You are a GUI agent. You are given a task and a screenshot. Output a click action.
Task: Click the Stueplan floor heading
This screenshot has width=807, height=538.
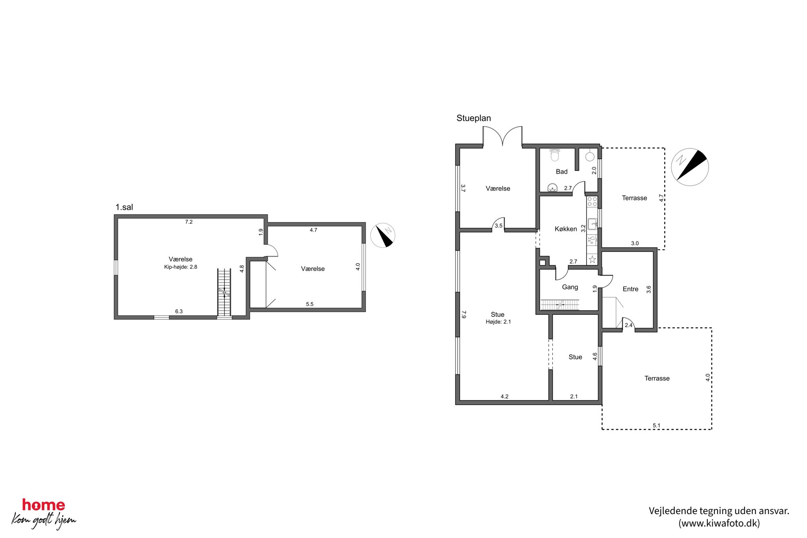473,118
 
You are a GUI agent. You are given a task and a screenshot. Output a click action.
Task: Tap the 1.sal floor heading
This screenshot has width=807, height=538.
124,207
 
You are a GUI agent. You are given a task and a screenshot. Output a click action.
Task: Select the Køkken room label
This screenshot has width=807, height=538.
566,229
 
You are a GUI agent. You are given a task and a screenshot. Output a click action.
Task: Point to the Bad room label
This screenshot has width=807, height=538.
562,172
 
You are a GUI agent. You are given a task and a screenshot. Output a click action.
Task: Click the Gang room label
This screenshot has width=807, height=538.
570,287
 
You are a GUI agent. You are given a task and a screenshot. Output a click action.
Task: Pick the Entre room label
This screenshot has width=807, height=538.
630,289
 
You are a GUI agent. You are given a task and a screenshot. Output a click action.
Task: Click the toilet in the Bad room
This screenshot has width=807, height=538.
555,154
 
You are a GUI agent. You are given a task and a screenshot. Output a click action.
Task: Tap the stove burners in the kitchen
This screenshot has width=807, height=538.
592,201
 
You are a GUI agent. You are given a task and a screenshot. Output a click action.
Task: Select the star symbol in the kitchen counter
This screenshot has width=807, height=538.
592,259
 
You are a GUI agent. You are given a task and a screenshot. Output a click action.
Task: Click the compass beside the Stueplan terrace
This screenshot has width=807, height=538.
690,167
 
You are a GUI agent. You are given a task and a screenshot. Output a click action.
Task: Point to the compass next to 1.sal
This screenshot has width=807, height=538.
383,235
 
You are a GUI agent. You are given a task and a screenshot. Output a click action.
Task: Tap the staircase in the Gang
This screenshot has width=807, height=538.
560,305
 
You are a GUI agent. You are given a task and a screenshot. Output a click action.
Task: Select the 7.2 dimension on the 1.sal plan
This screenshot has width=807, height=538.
189,222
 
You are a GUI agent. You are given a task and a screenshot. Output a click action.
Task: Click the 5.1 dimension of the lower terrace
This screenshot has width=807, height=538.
657,426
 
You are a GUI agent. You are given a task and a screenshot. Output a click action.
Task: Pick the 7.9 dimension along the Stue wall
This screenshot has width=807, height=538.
464,314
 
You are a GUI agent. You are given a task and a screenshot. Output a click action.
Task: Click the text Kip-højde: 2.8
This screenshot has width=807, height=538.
181,267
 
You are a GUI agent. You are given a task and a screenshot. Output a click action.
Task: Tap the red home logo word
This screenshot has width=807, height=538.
44,505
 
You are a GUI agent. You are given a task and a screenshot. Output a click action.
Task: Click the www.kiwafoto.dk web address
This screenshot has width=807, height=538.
719,523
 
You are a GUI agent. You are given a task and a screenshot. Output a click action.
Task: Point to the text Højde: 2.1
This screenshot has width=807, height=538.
498,322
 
